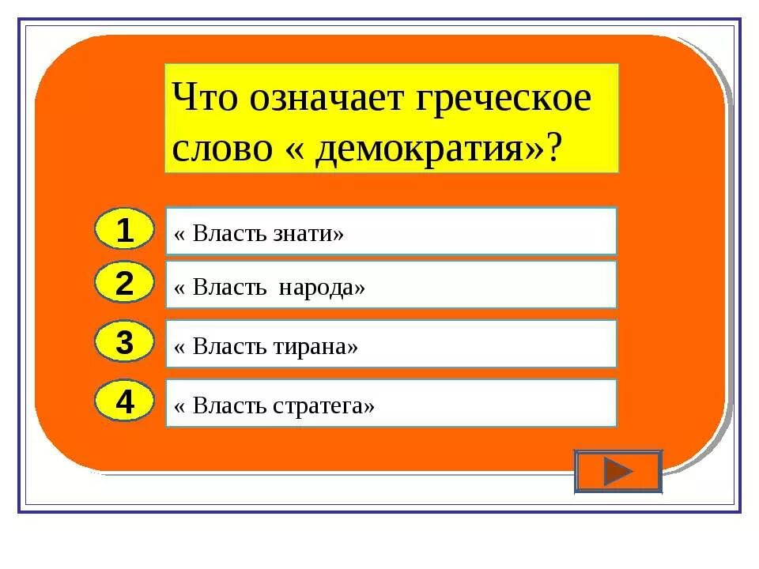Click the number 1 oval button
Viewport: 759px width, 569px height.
[124, 230]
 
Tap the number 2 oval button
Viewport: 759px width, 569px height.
[124, 284]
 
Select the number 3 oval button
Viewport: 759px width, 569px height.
[124, 344]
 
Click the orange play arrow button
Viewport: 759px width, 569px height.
[617, 473]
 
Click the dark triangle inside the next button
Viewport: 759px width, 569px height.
[617, 473]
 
